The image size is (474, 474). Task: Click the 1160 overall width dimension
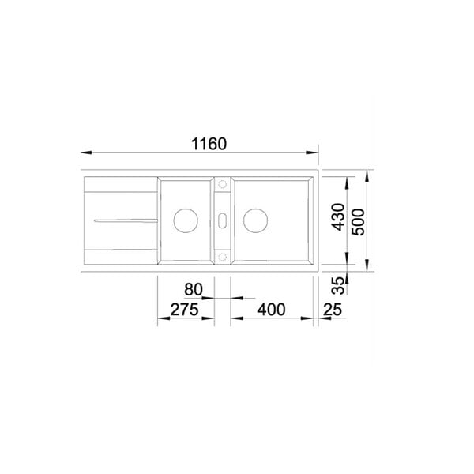point(209,144)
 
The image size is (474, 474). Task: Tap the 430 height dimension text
point(338,217)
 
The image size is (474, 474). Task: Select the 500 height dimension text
point(359,222)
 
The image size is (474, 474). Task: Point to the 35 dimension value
point(338,286)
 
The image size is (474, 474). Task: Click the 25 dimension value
point(333,310)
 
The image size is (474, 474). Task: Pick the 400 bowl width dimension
point(271,310)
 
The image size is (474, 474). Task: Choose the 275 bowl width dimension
point(184,310)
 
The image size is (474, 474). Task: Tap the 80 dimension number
point(194,289)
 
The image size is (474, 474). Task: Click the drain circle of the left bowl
point(186,220)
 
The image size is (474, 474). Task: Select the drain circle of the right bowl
point(255,220)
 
